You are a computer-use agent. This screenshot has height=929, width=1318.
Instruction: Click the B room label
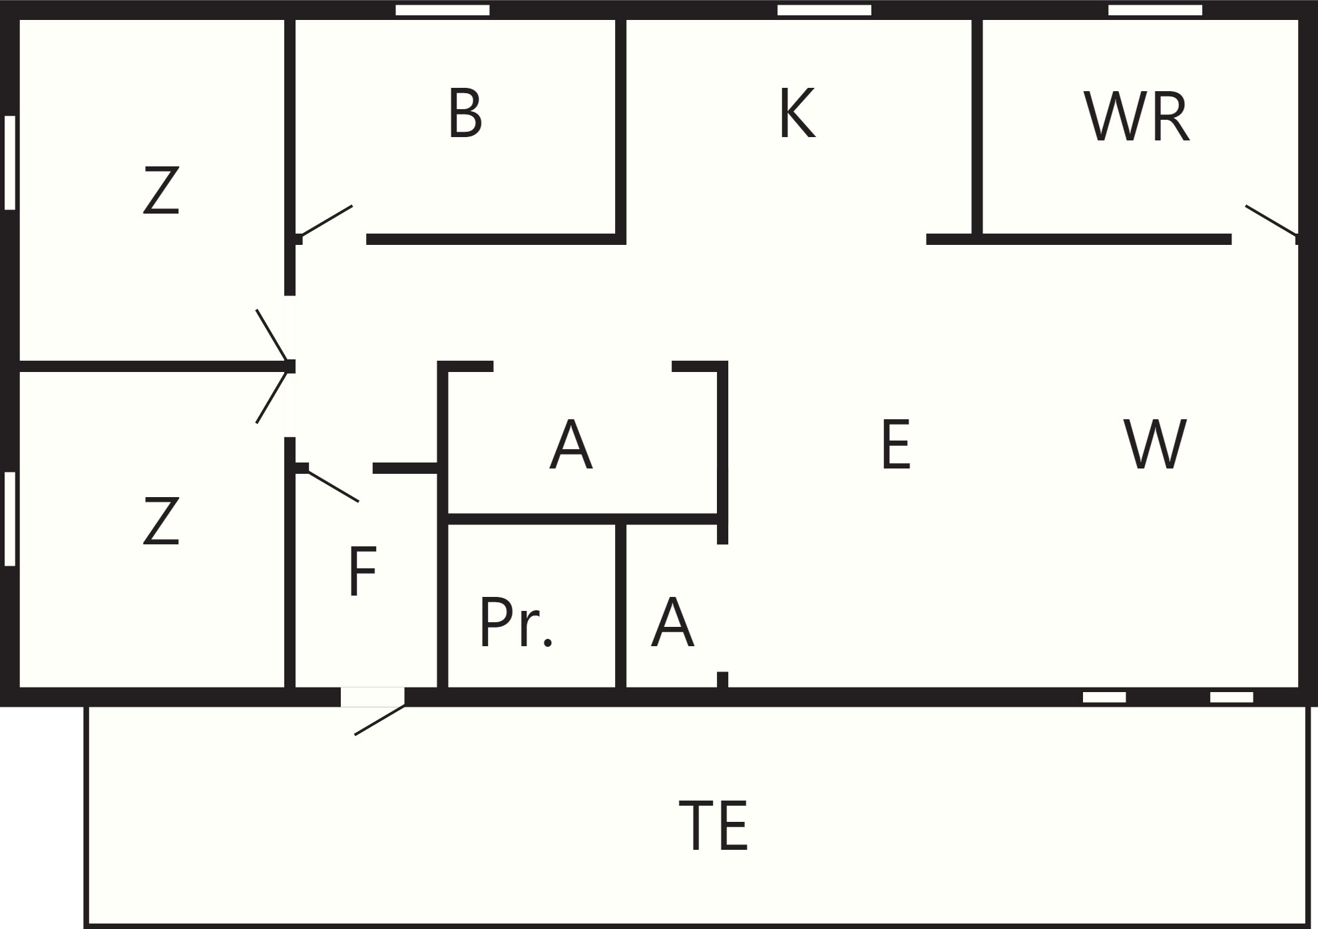(465, 114)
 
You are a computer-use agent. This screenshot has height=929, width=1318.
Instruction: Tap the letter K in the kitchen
(797, 114)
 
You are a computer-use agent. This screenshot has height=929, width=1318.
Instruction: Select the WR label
(1136, 118)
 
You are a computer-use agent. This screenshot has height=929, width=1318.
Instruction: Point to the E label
(895, 445)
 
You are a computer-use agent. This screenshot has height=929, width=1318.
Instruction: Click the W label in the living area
(1155, 445)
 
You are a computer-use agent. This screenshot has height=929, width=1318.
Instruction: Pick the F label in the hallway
(363, 571)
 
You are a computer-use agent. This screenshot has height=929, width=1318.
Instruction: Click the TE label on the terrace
(713, 825)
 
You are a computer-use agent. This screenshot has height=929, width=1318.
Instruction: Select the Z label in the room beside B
(161, 190)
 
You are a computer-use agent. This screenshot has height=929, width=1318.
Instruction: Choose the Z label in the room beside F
(161, 521)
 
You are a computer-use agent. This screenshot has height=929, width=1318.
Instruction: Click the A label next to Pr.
(672, 622)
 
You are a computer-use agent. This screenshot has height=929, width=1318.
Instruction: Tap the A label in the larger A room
(570, 445)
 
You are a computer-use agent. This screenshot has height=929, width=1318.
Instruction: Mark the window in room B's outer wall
(443, 10)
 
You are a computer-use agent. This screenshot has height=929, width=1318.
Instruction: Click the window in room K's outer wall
(824, 10)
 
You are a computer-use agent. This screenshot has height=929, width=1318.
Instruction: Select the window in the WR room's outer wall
(1155, 10)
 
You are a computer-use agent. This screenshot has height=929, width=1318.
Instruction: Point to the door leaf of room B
(326, 221)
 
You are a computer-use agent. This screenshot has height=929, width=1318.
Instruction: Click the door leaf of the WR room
(1271, 220)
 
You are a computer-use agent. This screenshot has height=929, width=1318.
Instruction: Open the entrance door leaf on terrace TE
(379, 720)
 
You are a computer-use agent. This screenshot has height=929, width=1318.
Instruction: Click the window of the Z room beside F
(10, 519)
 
